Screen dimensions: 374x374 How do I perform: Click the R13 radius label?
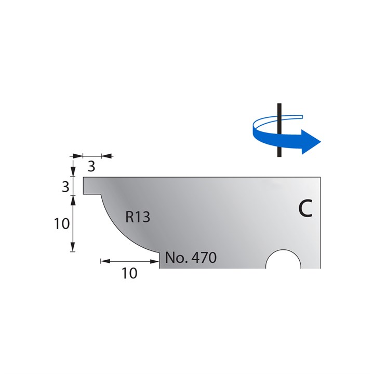point(138,217)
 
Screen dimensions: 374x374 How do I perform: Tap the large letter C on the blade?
point(305,208)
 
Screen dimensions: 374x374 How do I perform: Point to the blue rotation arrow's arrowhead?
point(312,142)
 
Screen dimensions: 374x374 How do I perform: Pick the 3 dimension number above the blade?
point(91,167)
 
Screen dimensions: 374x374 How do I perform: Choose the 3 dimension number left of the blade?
point(65,186)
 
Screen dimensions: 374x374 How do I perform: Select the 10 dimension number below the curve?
point(129,273)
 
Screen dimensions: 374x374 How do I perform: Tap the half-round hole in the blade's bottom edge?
point(283,261)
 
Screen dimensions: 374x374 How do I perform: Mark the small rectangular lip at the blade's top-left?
point(91,185)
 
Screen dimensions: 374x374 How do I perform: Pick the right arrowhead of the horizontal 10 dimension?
point(155,261)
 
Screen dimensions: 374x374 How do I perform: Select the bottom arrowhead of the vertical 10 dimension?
point(73,248)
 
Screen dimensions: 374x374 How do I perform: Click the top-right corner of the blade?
point(320,178)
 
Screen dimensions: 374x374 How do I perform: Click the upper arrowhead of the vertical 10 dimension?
point(73,199)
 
